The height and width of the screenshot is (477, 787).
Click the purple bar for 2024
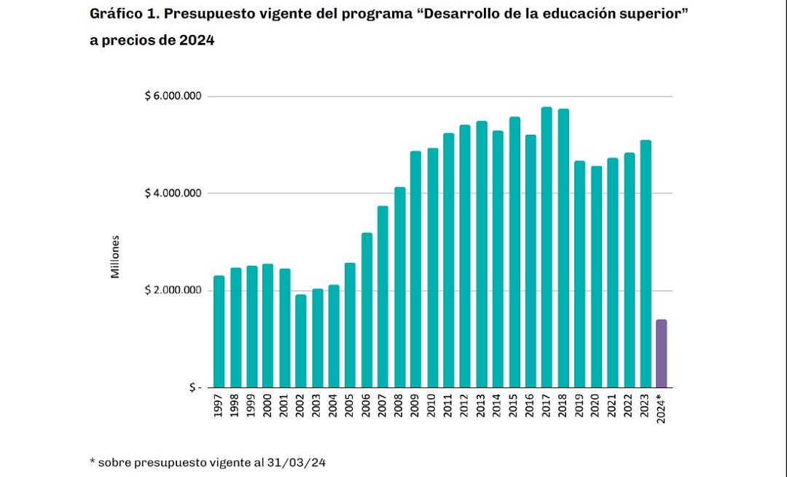661,353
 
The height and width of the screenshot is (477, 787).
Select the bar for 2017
547,248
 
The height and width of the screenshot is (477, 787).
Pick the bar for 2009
415,269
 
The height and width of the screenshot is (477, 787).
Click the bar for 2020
596,277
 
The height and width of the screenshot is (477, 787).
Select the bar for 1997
219,331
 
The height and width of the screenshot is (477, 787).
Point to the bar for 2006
366,310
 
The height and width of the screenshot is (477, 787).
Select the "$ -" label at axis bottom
194,387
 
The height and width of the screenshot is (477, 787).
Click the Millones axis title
115,256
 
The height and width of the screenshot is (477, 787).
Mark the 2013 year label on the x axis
481,406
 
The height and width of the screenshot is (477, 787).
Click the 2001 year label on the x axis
284,406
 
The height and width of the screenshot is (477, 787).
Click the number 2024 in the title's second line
197,41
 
